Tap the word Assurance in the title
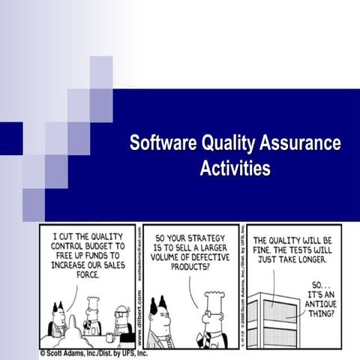300,143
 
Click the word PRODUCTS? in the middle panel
190,265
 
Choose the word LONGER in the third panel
310,259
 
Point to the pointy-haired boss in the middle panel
161,322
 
